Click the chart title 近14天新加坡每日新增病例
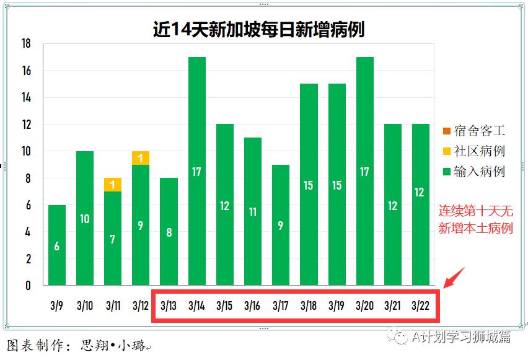point(258,30)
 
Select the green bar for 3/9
point(57,245)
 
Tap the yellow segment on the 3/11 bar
point(112,185)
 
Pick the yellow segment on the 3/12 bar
point(141,158)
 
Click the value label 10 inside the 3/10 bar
point(85,219)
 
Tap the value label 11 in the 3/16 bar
point(253,212)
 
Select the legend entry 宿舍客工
point(479,131)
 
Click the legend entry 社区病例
point(479,151)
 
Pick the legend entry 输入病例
point(479,170)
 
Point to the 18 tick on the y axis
point(26,44)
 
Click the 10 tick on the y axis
point(26,151)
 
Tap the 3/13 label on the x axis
point(169,305)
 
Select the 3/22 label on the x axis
point(420,305)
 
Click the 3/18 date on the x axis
point(309,305)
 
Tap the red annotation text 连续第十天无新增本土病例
point(476,220)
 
